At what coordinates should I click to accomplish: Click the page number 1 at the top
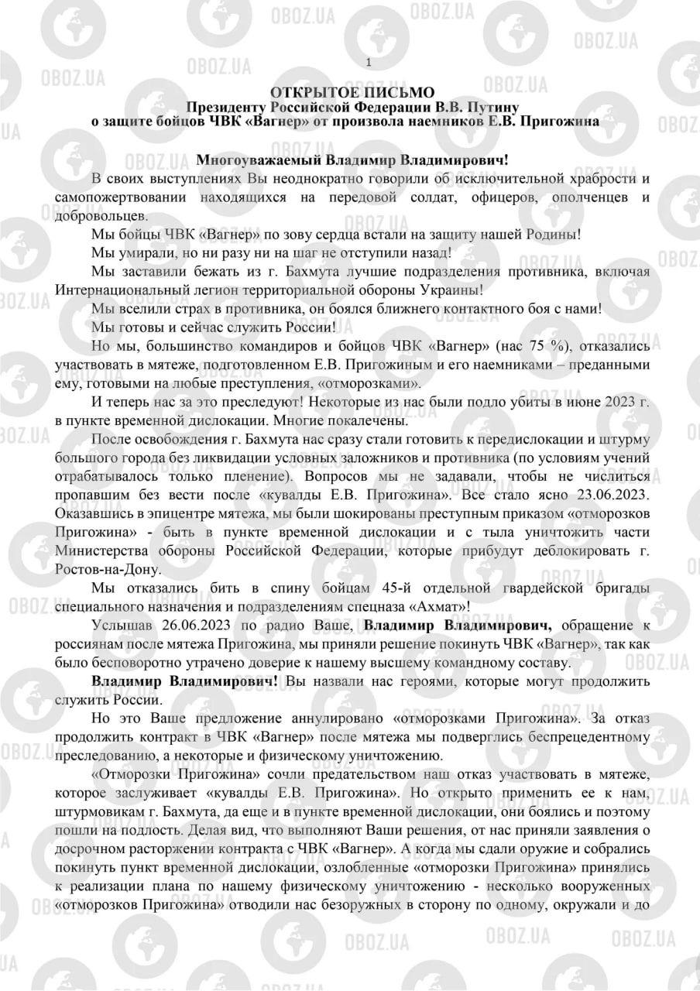point(369,63)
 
